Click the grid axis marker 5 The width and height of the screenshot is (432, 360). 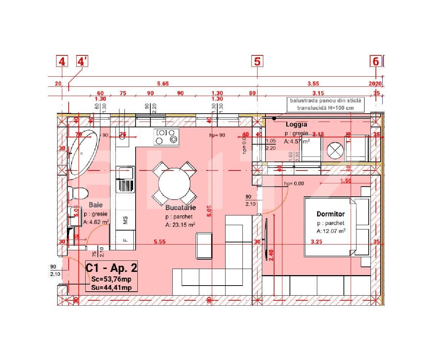click(x=257, y=61)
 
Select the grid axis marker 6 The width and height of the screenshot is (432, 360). click(x=376, y=61)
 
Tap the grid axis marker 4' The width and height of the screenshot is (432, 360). click(x=82, y=61)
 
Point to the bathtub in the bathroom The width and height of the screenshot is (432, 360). click(x=83, y=154)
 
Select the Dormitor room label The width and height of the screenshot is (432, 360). click(x=331, y=214)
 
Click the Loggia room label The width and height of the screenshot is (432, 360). click(x=296, y=124)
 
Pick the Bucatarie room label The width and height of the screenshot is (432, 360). click(x=181, y=208)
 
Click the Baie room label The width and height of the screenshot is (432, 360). click(x=96, y=205)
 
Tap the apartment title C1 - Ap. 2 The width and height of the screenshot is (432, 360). click(x=112, y=268)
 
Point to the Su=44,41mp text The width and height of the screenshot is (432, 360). click(x=112, y=287)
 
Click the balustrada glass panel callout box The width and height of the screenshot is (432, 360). click(x=325, y=104)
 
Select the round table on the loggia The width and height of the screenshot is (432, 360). click(x=335, y=150)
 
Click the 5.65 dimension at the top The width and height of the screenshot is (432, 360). click(x=163, y=83)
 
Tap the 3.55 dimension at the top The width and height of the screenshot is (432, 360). click(x=313, y=83)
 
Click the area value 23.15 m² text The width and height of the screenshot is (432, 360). click(x=180, y=225)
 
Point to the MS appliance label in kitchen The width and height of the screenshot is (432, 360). click(x=126, y=220)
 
